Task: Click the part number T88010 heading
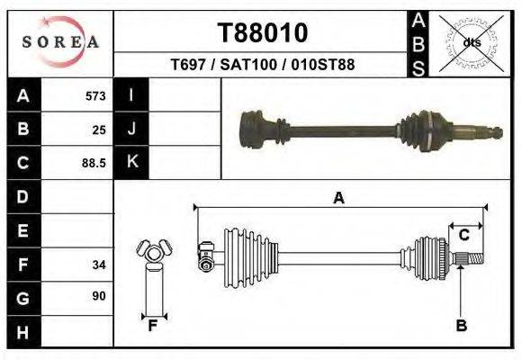point(263,33)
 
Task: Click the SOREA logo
point(61,42)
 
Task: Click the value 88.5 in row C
point(94,163)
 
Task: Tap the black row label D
point(22,197)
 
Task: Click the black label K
point(132,162)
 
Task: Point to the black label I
point(131,95)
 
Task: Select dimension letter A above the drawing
point(339,199)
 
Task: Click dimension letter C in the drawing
point(464,235)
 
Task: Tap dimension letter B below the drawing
point(461,326)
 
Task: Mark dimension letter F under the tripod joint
point(152,326)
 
